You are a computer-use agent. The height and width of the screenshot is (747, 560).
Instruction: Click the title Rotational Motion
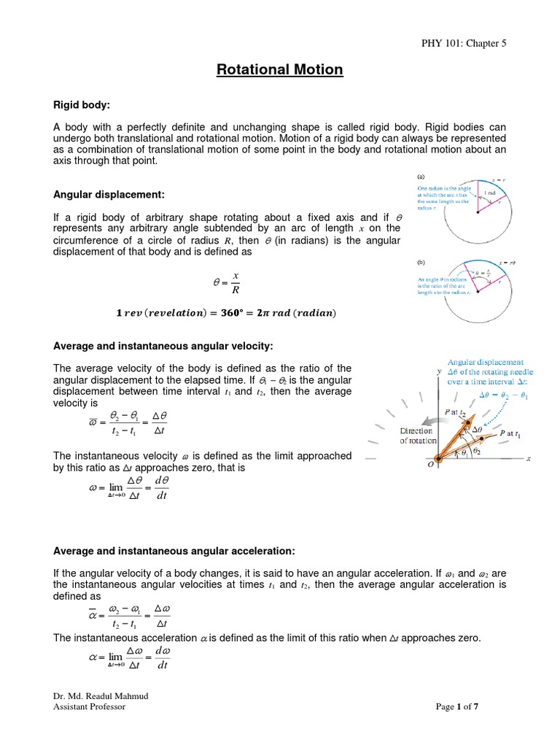[279, 70]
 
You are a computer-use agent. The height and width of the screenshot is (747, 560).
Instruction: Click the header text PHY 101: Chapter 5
[464, 43]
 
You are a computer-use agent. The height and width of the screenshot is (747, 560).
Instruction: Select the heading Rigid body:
[87, 107]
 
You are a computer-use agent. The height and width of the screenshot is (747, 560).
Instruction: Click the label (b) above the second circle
[421, 262]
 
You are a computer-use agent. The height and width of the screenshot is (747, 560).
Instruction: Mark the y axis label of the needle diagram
[439, 371]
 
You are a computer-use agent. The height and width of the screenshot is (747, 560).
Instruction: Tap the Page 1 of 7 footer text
[456, 706]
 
